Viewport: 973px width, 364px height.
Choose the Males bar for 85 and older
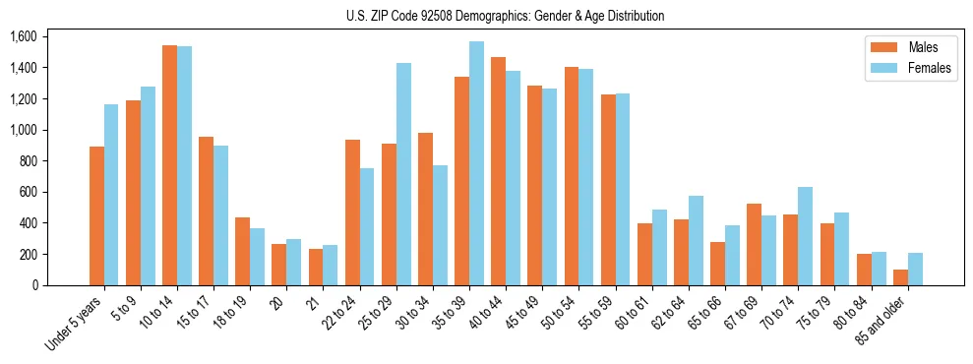(x=900, y=277)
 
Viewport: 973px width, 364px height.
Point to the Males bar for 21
(x=316, y=267)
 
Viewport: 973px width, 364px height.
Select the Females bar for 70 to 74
(x=805, y=236)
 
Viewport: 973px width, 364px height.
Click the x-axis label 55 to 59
(x=596, y=313)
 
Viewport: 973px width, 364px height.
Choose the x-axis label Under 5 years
(x=74, y=323)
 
